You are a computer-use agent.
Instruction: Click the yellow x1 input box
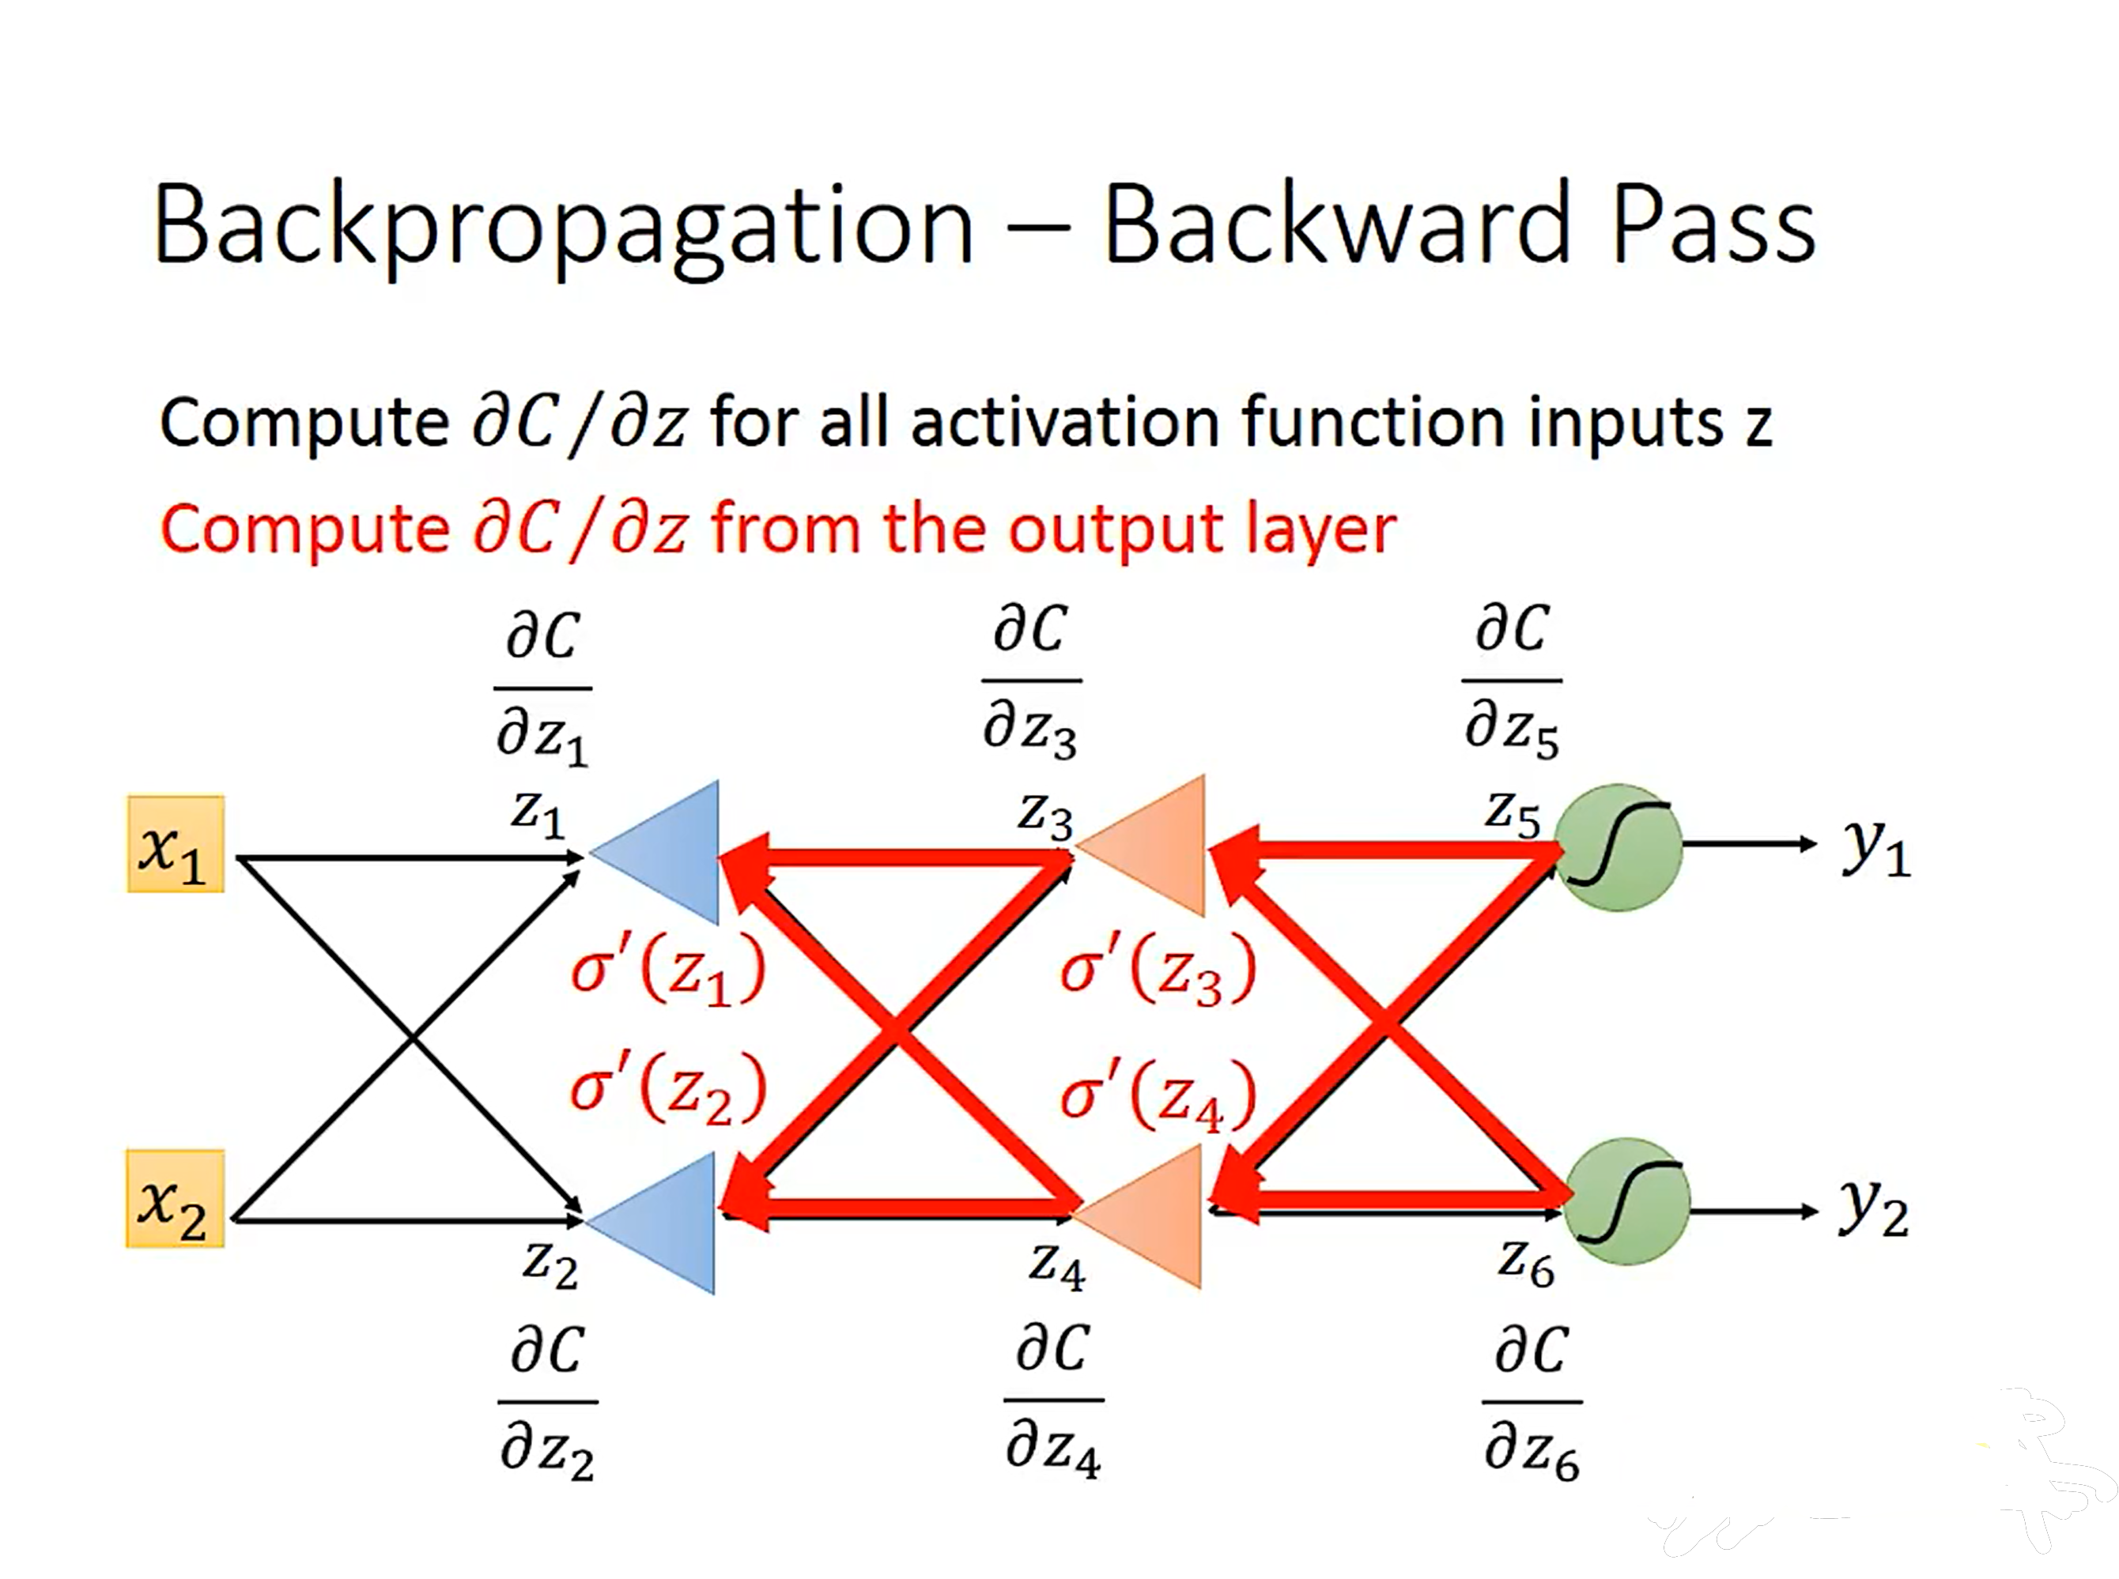pyautogui.click(x=176, y=844)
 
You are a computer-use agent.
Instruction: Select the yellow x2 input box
pyautogui.click(x=175, y=1199)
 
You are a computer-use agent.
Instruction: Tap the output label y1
pyautogui.click(x=1875, y=847)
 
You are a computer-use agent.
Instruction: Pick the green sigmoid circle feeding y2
pyautogui.click(x=1626, y=1201)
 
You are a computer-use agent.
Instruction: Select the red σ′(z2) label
pyautogui.click(x=667, y=1090)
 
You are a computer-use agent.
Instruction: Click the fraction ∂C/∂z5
pyautogui.click(x=1511, y=680)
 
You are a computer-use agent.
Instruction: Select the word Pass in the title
pyautogui.click(x=1713, y=224)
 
